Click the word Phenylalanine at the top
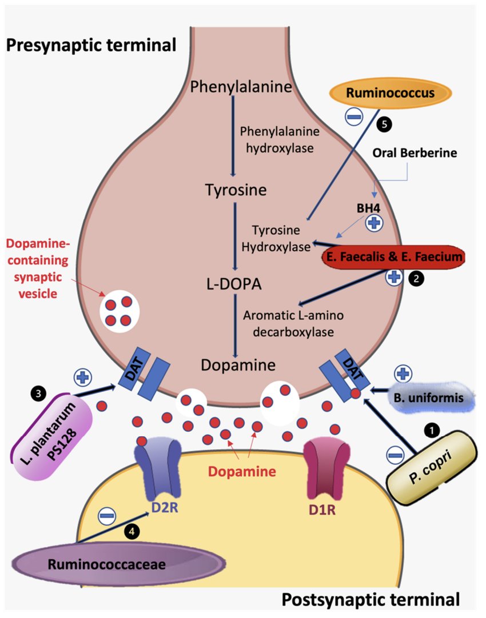point(241,87)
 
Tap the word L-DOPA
point(234,284)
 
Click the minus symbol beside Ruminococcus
point(353,117)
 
